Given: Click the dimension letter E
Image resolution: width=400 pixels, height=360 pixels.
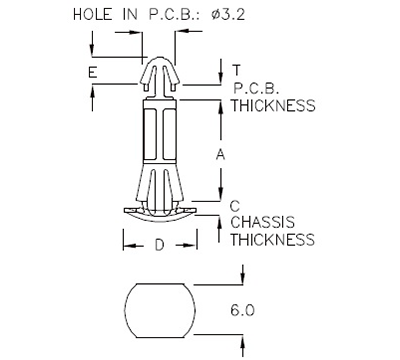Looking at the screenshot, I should click(x=92, y=73).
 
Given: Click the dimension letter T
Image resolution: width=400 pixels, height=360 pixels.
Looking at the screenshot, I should click(x=236, y=70).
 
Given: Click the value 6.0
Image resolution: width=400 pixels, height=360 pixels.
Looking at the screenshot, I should click(x=243, y=311).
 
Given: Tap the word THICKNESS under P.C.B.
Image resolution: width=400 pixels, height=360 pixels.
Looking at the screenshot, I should click(x=273, y=105).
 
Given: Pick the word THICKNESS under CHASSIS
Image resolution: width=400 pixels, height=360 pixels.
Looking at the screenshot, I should click(x=273, y=240).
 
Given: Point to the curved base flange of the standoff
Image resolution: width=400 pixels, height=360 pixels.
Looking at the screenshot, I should click(x=160, y=211).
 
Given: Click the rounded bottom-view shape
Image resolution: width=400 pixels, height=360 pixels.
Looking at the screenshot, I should click(x=160, y=310).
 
